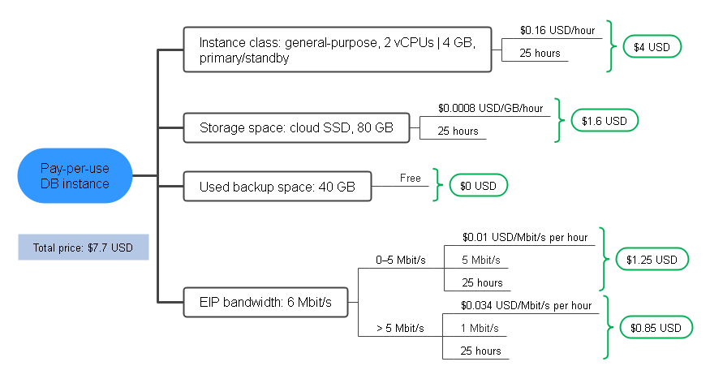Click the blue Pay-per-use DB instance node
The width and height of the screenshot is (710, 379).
[75, 175]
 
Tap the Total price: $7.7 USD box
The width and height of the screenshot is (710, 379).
[84, 248]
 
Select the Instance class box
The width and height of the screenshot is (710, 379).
[338, 50]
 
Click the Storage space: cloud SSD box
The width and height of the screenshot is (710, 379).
[297, 127]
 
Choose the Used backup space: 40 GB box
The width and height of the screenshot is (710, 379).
[278, 186]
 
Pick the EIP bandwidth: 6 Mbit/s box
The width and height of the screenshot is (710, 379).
[266, 302]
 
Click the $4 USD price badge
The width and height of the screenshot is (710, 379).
[652, 46]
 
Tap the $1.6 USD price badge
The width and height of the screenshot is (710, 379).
[605, 120]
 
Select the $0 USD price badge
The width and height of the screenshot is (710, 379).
[478, 186]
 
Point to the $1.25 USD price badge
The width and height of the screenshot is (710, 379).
[652, 260]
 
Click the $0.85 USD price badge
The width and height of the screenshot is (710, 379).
[656, 328]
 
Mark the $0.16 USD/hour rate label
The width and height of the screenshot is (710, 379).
[557, 30]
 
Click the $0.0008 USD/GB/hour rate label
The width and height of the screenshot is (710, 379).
[490, 108]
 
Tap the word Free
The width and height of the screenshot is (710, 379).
[411, 178]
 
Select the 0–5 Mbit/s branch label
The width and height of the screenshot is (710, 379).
[401, 260]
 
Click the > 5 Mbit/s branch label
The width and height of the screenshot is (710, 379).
[400, 329]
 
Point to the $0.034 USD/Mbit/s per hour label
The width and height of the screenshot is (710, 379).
[526, 306]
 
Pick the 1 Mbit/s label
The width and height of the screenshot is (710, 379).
[480, 329]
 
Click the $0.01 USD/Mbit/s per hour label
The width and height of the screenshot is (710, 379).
[525, 237]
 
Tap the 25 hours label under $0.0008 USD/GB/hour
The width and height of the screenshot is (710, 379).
[458, 131]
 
